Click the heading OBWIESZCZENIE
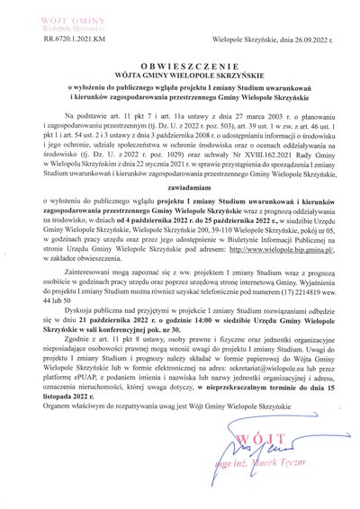pyautogui.click(x=179, y=67)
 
